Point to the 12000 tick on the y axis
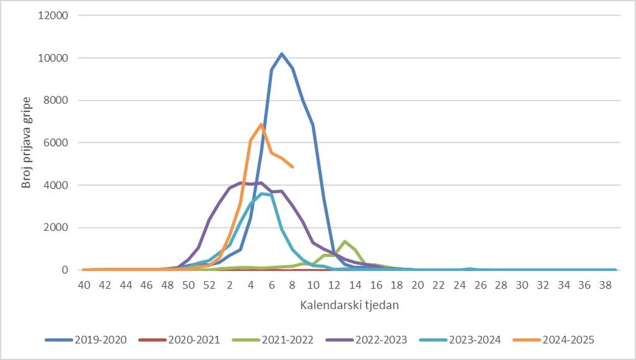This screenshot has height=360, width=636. pyautogui.click(x=53, y=16)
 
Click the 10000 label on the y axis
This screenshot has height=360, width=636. pyautogui.click(x=53, y=58)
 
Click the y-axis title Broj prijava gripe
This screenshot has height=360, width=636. pyautogui.click(x=27, y=143)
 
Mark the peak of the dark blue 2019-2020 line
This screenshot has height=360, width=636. pyautogui.click(x=281, y=53)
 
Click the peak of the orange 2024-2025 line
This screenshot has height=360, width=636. pyautogui.click(x=261, y=124)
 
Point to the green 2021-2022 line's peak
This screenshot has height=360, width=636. pyautogui.click(x=344, y=241)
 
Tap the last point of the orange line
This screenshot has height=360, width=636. pyautogui.click(x=292, y=166)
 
